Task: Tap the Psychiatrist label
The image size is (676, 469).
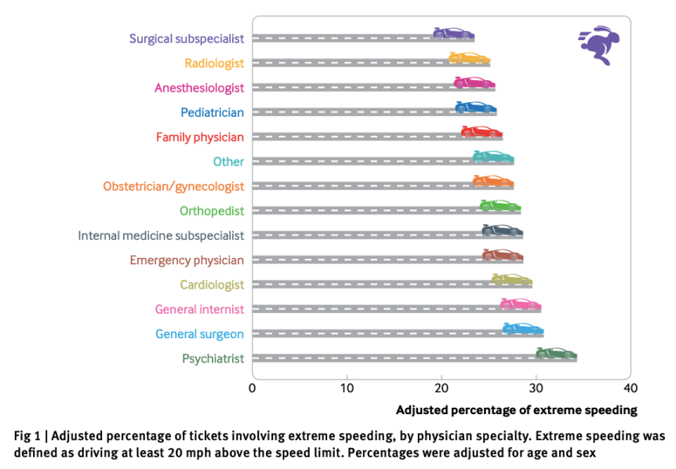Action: tap(213, 358)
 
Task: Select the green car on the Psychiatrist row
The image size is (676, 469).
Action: tap(556, 354)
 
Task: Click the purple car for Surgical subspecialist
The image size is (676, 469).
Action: tap(454, 33)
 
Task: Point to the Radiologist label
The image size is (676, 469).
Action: tap(214, 63)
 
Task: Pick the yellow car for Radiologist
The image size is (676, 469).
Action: tap(470, 57)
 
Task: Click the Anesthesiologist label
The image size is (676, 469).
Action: tap(199, 88)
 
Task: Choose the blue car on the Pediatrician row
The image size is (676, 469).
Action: tap(476, 107)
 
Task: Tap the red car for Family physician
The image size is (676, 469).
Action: tap(482, 131)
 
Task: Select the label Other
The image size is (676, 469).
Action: tap(228, 162)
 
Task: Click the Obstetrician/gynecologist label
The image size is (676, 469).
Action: tap(173, 186)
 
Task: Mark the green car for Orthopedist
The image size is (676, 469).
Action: tap(500, 205)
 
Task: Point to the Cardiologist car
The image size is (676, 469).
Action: tap(512, 279)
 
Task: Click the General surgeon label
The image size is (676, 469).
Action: tap(199, 334)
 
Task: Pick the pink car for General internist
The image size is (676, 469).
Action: tap(521, 304)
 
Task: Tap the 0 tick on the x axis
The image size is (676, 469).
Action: tap(253, 388)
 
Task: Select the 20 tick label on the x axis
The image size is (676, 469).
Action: tap(442, 388)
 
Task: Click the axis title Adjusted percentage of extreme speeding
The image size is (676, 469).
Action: tap(516, 410)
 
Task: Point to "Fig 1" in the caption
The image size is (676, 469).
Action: tap(29, 435)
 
